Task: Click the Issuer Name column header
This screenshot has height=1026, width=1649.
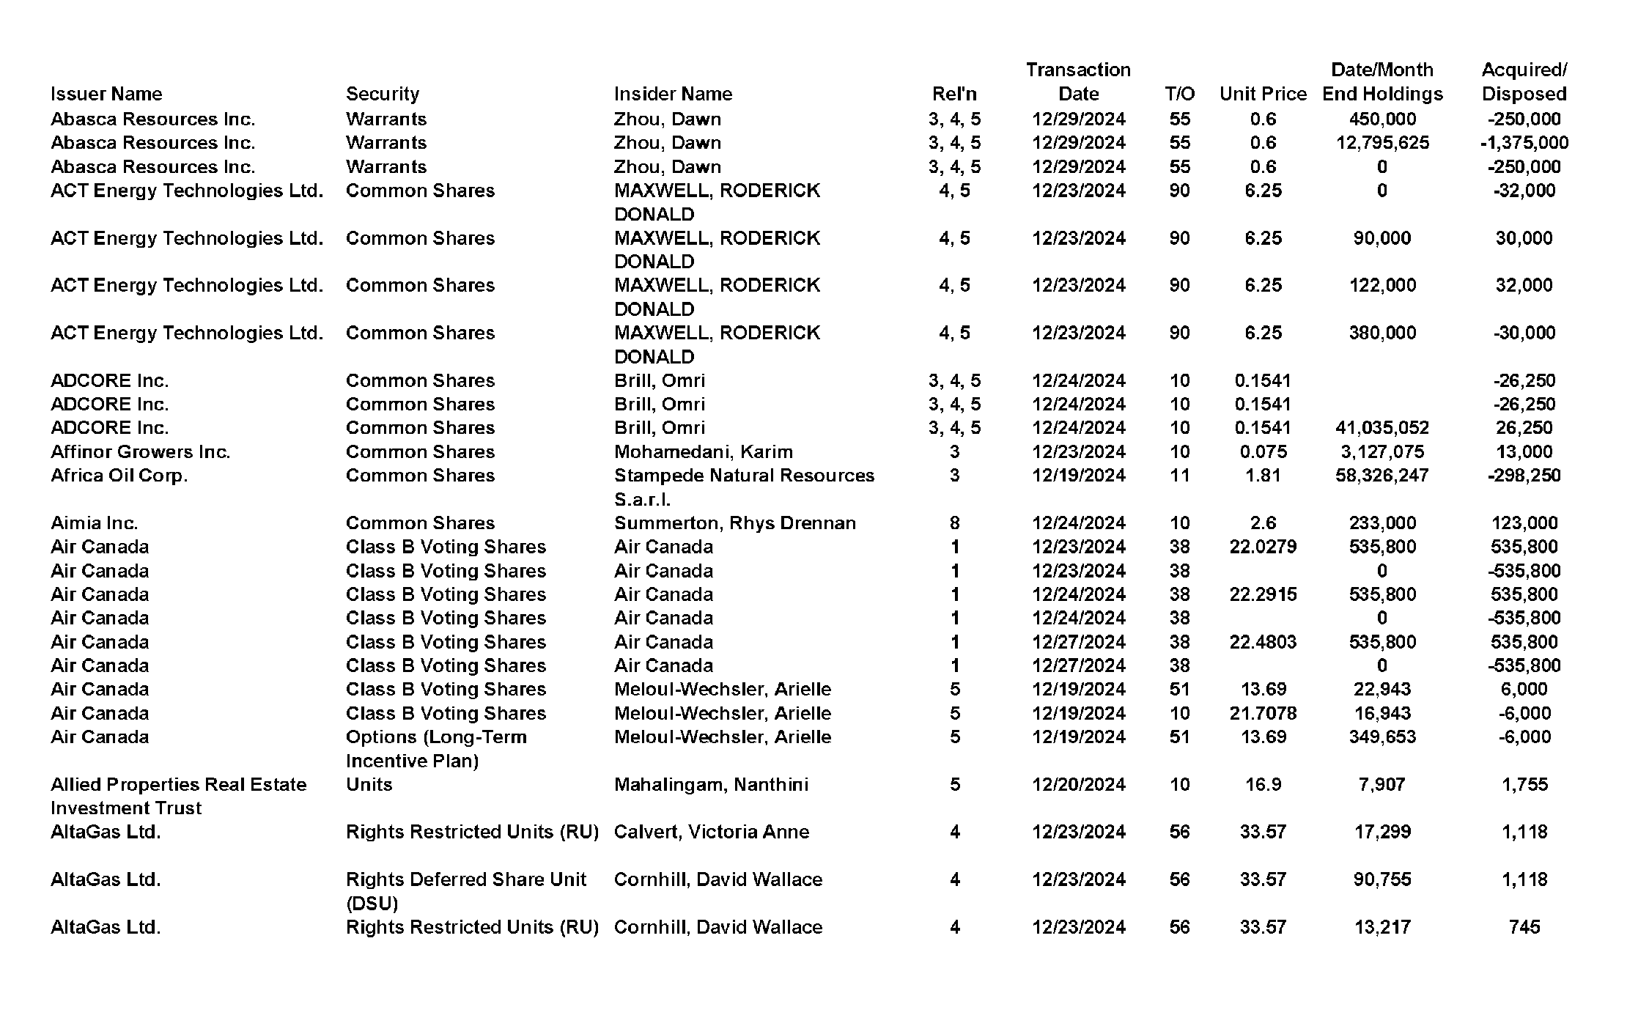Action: click(106, 94)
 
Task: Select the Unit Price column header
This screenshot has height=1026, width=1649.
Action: click(1263, 94)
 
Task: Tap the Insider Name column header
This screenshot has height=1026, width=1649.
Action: click(673, 94)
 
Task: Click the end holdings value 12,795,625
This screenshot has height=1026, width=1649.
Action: click(1382, 143)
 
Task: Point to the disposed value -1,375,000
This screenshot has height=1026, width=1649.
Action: click(1524, 143)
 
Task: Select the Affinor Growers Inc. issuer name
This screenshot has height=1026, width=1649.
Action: click(140, 452)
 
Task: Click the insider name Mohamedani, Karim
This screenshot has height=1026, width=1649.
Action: click(703, 452)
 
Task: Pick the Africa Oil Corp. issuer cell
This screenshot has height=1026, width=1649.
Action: click(119, 476)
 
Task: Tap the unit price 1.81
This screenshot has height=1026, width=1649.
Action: click(1263, 476)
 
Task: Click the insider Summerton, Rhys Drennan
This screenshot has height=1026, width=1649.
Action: click(734, 523)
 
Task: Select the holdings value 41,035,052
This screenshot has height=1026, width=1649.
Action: click(1382, 428)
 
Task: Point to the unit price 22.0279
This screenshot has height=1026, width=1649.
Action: click(1263, 547)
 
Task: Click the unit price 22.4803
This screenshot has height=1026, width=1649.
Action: click(1263, 642)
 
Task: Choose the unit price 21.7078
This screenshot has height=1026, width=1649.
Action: click(1263, 713)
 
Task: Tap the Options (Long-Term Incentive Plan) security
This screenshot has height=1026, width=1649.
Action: click(436, 748)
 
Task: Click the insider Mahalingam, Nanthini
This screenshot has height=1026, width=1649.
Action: click(711, 785)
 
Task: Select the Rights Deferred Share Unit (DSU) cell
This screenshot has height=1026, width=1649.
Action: click(465, 890)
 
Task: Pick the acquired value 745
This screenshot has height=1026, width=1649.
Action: click(1524, 927)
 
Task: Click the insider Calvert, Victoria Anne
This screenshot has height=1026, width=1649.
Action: click(711, 832)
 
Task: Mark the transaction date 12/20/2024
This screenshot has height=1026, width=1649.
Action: click(1078, 785)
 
